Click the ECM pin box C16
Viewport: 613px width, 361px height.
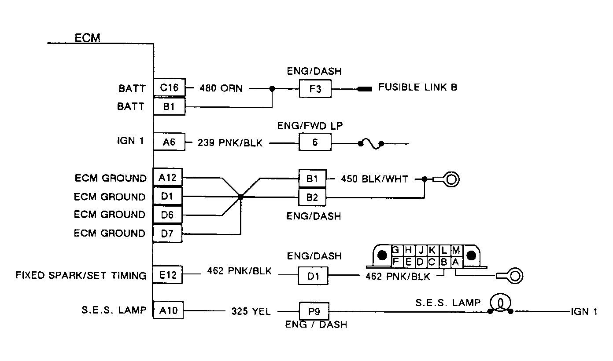tap(169, 88)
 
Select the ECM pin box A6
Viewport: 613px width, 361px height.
tap(169, 142)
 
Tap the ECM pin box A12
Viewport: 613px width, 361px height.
tap(167, 177)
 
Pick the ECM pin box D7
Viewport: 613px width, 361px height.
tap(167, 233)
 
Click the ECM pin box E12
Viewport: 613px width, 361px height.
tap(167, 275)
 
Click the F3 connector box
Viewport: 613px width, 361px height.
tap(315, 89)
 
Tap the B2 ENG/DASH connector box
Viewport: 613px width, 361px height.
tap(312, 197)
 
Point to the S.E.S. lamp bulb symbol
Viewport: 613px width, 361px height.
tap(500, 303)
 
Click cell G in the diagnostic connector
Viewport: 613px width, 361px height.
tap(396, 250)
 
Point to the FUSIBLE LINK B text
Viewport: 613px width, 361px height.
tap(417, 87)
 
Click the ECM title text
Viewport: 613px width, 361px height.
tap(87, 38)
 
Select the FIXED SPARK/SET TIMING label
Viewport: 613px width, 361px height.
tap(81, 276)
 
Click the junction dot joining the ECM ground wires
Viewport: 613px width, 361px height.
tap(240, 197)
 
